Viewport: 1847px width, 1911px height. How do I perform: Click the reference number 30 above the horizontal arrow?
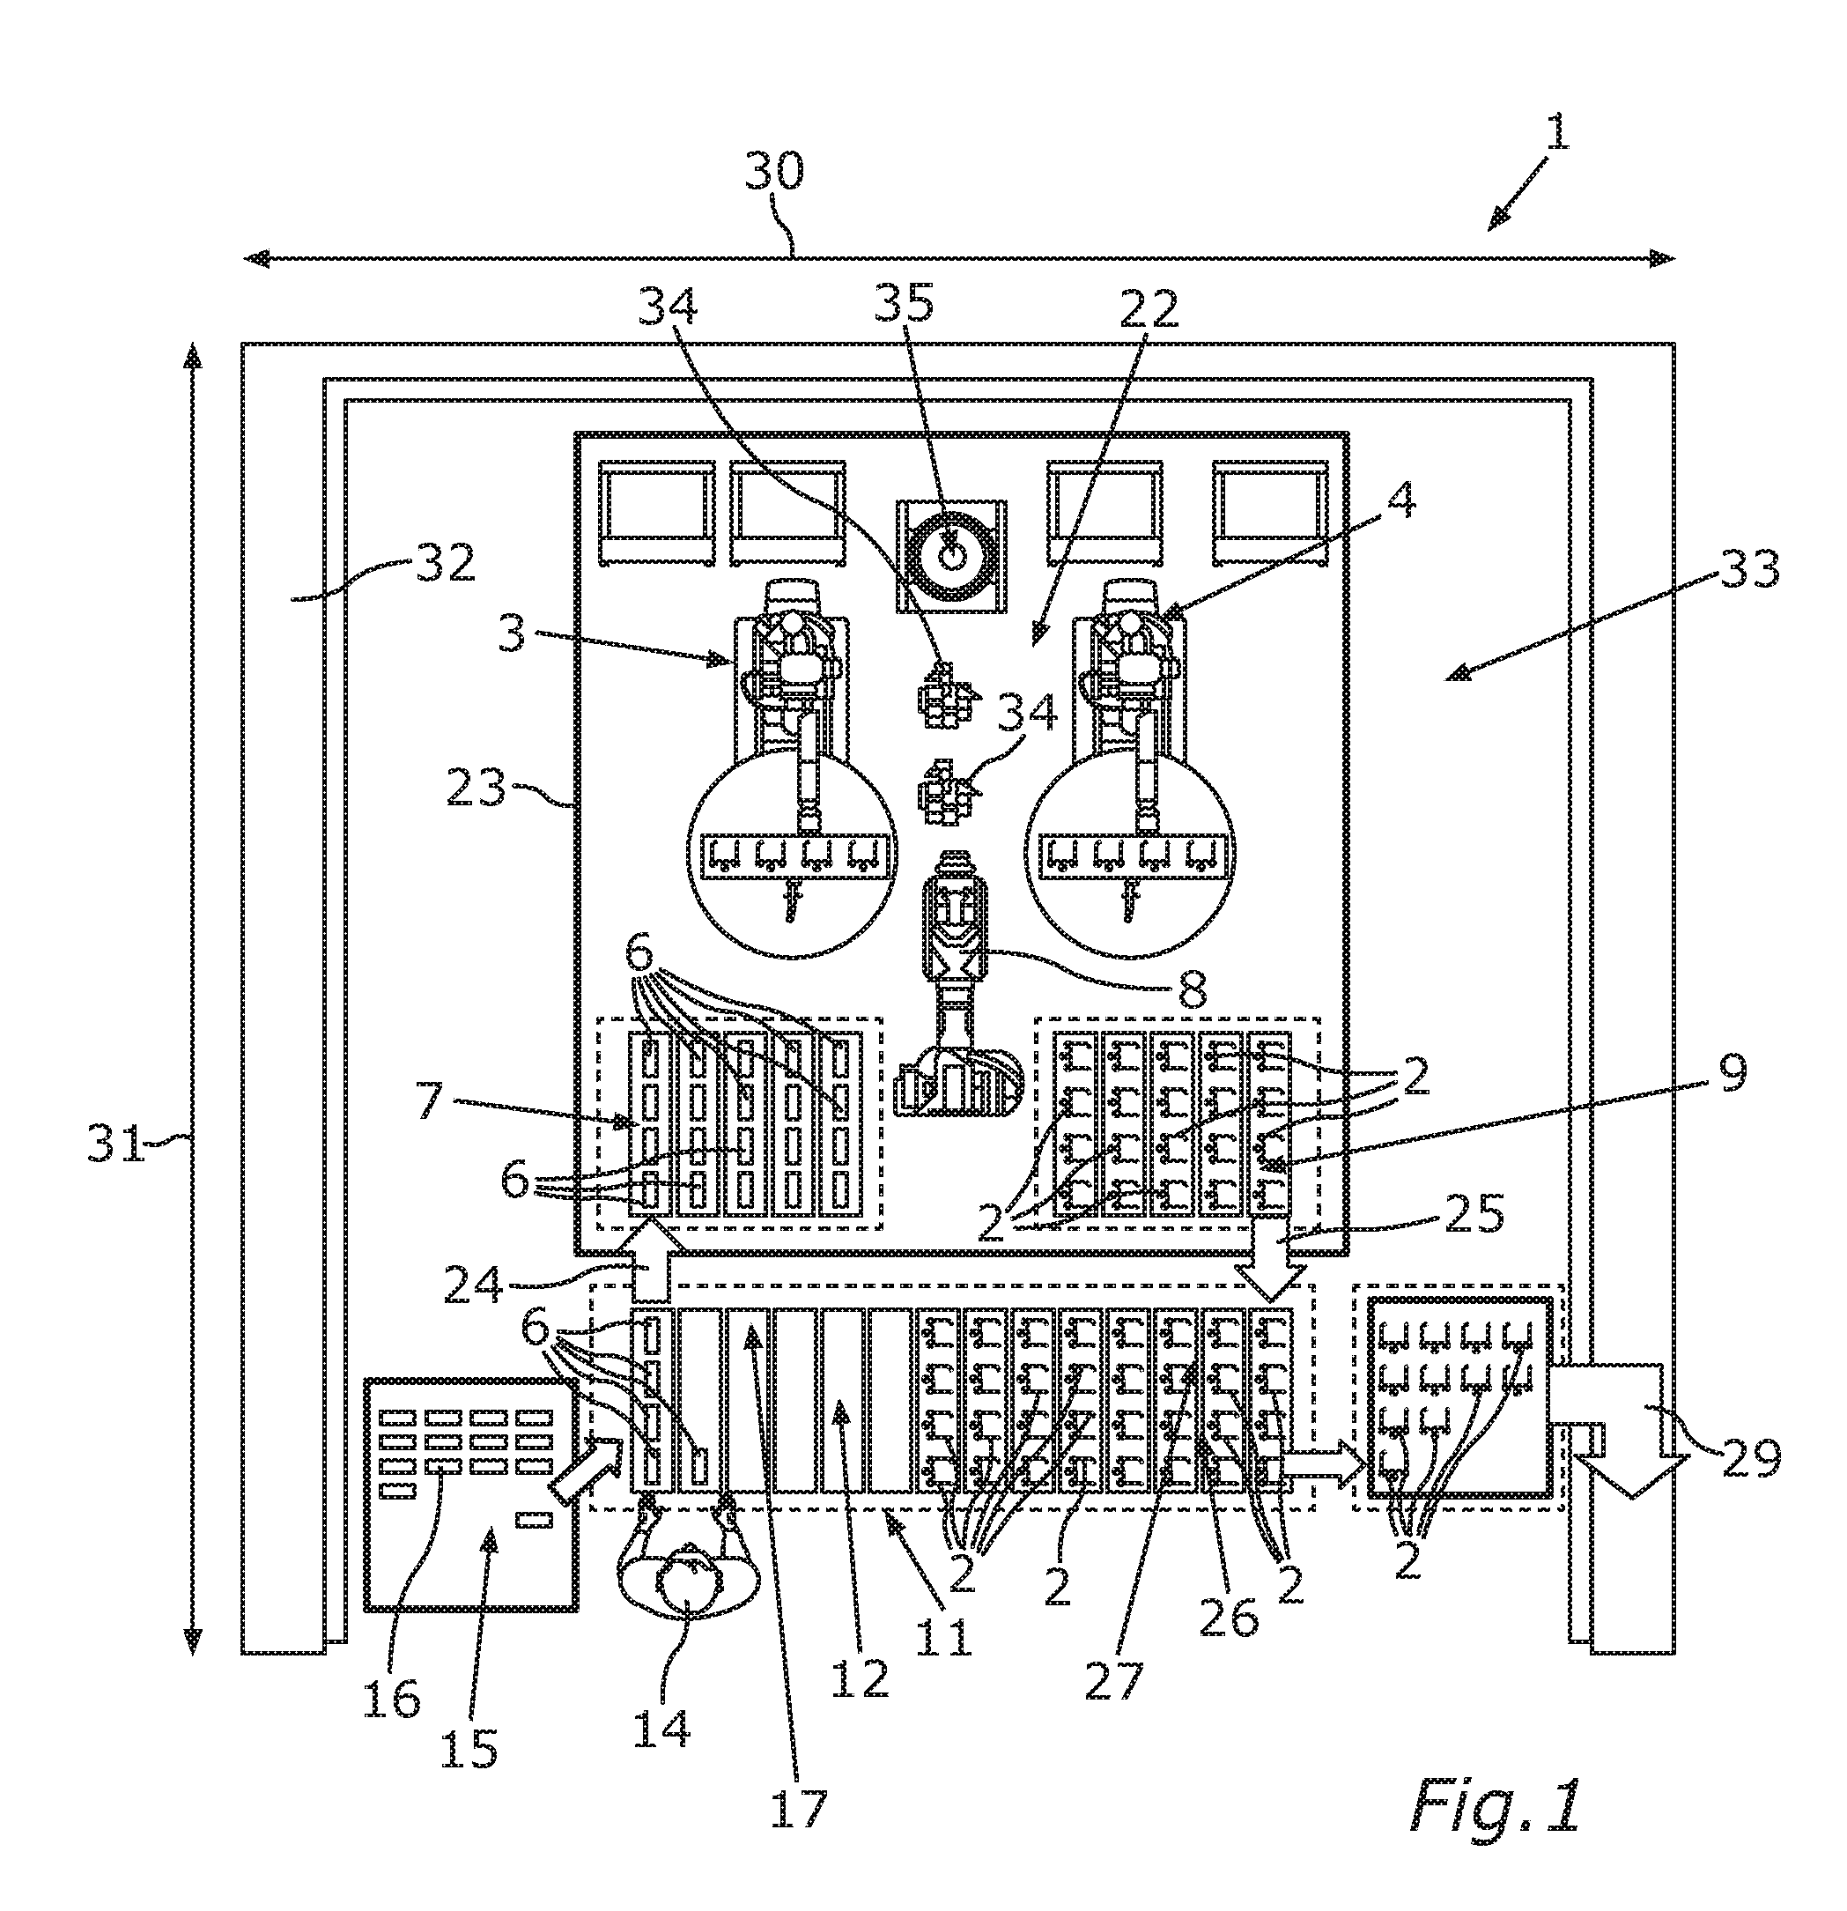pos(775,173)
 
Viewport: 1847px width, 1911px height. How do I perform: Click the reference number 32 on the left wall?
pos(446,563)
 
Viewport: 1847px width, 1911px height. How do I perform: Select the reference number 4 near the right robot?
pos(1400,503)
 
